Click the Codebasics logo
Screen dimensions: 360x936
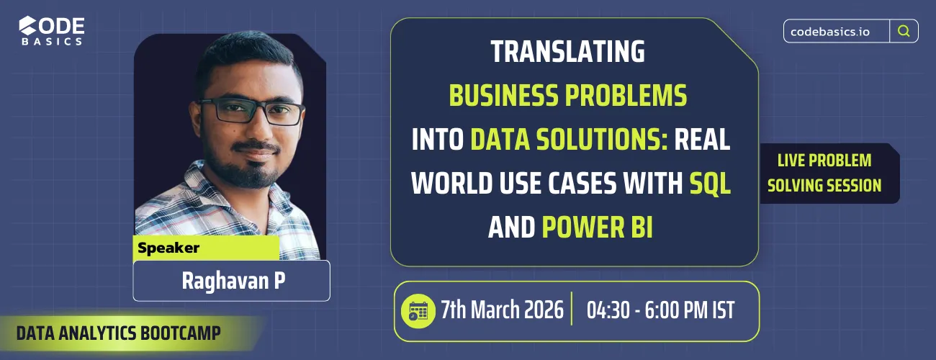(x=52, y=30)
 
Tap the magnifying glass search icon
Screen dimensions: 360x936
(x=904, y=31)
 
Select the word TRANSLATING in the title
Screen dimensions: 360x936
(x=567, y=52)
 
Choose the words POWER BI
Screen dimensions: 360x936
(x=597, y=228)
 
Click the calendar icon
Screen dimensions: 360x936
(x=418, y=310)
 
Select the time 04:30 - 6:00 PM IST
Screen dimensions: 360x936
(x=660, y=310)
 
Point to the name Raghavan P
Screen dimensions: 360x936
(x=232, y=280)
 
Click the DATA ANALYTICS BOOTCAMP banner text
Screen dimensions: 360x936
(x=118, y=333)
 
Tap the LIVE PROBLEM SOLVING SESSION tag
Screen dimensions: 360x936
(x=824, y=173)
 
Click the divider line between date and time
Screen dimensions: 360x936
(x=571, y=310)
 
